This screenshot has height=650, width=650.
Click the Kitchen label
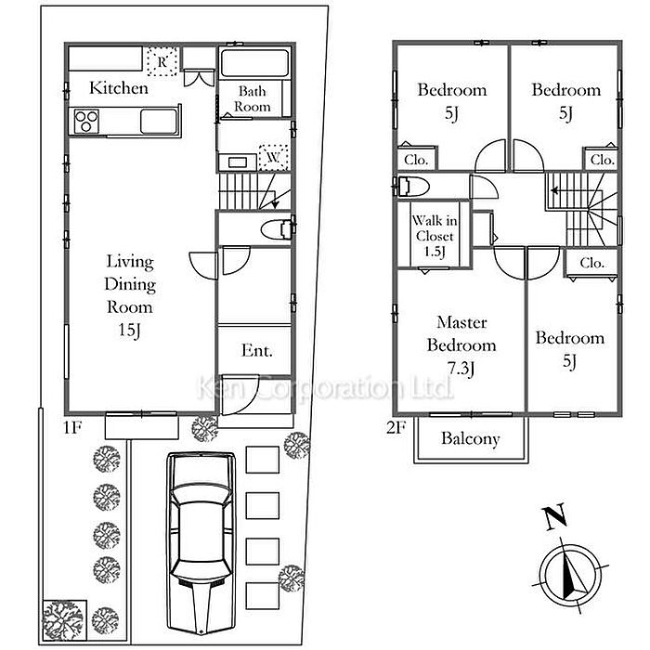(119, 88)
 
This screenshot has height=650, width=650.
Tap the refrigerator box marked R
(162, 61)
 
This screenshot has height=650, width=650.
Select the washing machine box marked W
(273, 158)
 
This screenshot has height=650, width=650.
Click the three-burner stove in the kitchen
(86, 122)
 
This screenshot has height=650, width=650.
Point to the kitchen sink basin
(159, 121)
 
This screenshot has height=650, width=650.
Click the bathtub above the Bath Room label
(254, 63)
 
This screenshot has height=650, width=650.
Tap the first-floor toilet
(277, 229)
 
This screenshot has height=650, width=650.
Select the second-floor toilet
(413, 186)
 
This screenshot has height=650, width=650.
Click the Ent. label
(257, 351)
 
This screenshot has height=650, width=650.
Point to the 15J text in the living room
(130, 330)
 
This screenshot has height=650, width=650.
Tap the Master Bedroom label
(461, 333)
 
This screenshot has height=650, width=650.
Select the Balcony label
(471, 439)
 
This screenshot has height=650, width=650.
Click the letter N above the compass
(555, 516)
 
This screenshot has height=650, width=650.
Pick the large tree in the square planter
(65, 620)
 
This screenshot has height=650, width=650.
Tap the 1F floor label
(72, 427)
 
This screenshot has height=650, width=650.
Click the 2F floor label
(396, 427)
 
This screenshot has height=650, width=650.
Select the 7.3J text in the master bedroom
(461, 368)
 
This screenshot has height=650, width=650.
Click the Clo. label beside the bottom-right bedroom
(592, 263)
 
